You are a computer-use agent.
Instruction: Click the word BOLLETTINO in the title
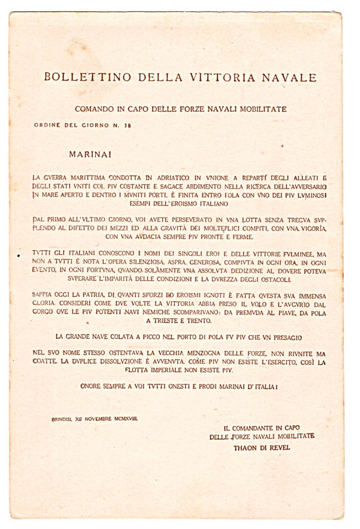point(88,77)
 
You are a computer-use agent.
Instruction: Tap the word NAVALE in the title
point(289,78)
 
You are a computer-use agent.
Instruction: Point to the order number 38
point(127,125)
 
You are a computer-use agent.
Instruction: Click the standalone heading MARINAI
point(90,154)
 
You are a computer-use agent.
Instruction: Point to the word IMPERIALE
point(166,370)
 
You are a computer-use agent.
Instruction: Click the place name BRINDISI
point(61,419)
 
